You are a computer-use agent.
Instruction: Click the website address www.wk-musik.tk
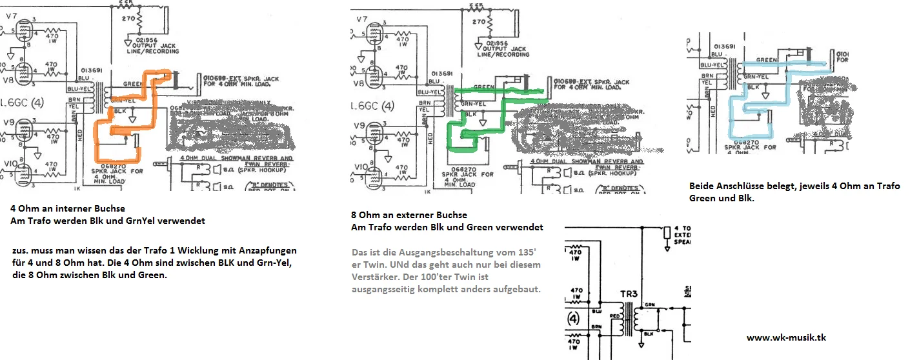tap(786, 337)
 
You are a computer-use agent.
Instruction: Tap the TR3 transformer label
tap(630, 294)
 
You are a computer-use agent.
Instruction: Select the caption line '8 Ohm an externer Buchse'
tap(409, 215)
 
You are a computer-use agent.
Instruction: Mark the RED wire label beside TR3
tap(614, 316)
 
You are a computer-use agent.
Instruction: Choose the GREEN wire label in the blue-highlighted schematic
tap(766, 59)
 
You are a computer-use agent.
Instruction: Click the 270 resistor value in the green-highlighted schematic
tap(478, 21)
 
